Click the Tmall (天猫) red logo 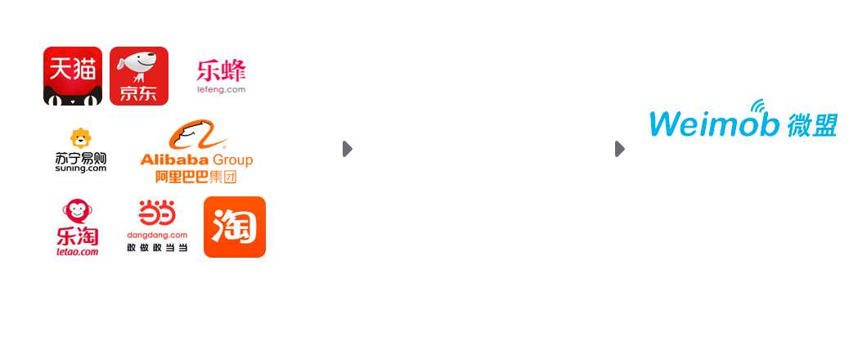73,76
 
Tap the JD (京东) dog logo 139,76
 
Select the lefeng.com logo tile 221,76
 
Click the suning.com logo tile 81,151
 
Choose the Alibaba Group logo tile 196,151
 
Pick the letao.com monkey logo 76,227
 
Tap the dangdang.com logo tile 157,227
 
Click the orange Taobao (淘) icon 235,227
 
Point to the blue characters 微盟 813,124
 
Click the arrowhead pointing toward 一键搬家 348,149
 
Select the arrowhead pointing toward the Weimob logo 620,149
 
